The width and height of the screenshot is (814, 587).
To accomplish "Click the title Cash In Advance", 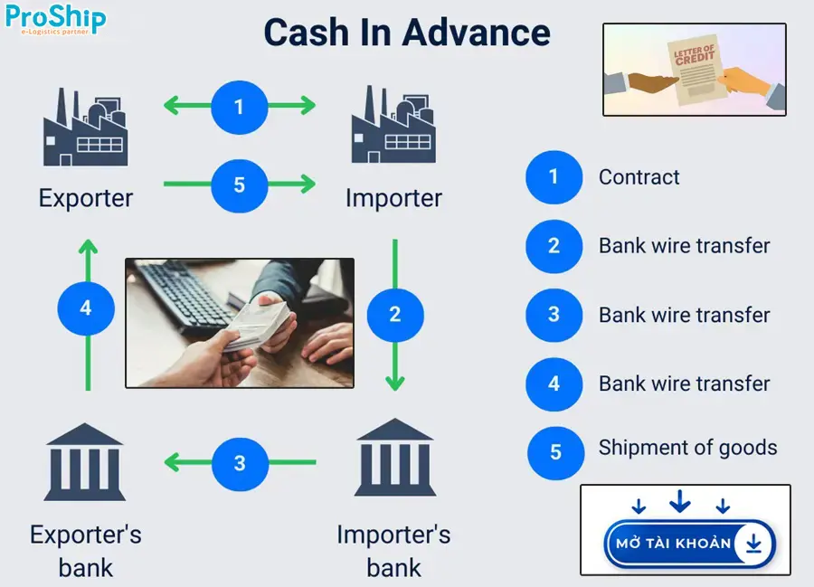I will pyautogui.click(x=407, y=33).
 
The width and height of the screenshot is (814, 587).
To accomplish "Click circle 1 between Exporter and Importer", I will pyautogui.click(x=239, y=107).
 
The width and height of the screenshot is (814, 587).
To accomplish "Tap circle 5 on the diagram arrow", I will pyautogui.click(x=239, y=185).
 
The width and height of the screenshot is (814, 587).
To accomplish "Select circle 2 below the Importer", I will pyautogui.click(x=394, y=314).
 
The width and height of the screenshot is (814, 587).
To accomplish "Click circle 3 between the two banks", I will pyautogui.click(x=239, y=463).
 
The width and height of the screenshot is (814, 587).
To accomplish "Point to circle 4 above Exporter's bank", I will pyautogui.click(x=86, y=308).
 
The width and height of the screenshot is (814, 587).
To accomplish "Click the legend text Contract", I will pyautogui.click(x=639, y=177).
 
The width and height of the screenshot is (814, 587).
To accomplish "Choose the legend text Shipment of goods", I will pyautogui.click(x=687, y=448).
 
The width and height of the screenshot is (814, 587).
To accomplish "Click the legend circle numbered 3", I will pyautogui.click(x=554, y=315).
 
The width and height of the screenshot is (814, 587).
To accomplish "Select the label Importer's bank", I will pyautogui.click(x=393, y=551).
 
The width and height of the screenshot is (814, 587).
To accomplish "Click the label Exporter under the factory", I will pyautogui.click(x=86, y=198).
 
